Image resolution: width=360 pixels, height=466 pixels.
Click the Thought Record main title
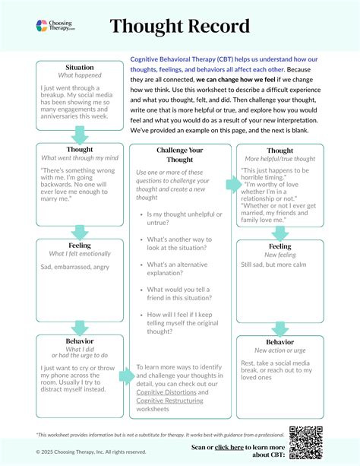(179, 27)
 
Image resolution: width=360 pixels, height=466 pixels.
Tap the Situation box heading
(80, 68)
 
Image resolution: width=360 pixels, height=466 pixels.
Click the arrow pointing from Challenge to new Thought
(231, 185)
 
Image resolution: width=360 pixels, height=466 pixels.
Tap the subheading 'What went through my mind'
(80, 157)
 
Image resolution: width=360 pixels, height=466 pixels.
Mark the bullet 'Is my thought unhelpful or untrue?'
(179, 220)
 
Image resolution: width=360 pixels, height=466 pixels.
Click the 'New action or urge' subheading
(280, 350)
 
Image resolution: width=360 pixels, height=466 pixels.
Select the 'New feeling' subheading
(280, 255)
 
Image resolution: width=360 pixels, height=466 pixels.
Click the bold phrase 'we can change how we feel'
(240, 79)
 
